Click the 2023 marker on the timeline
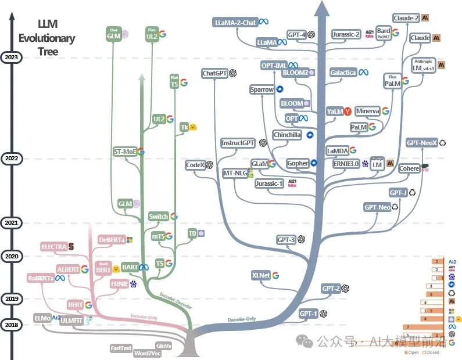(x=11, y=57)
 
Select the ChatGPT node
(x=214, y=74)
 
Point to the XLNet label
(x=261, y=275)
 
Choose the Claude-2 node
(x=406, y=18)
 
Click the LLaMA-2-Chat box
(x=235, y=23)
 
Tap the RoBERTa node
(x=40, y=278)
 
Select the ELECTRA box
(x=53, y=247)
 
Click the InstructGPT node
(x=238, y=143)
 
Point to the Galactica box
(x=343, y=73)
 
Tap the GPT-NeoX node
(x=421, y=142)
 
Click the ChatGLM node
(x=113, y=35)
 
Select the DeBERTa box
(x=112, y=239)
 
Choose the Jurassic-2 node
(x=346, y=34)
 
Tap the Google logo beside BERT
(x=88, y=305)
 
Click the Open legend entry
(x=412, y=352)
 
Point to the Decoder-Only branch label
(x=242, y=319)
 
